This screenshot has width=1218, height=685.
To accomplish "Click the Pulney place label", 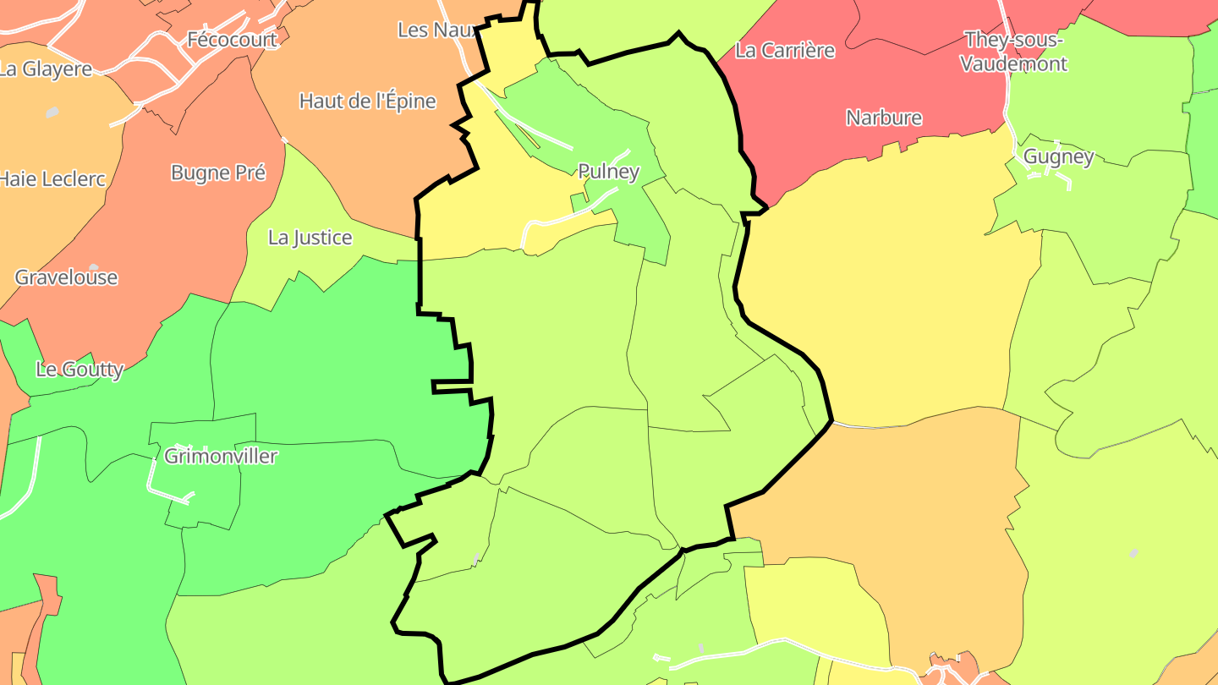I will (608, 171).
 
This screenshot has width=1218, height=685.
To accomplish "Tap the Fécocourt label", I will (232, 40).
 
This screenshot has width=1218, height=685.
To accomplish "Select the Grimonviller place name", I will (221, 456).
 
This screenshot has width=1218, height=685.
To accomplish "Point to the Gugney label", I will (1058, 156).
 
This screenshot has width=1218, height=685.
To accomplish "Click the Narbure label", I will (884, 118).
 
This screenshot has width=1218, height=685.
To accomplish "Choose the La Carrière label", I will (785, 51).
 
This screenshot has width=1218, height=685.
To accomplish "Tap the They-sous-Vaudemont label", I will (1014, 52).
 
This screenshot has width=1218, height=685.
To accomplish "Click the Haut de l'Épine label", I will (368, 101).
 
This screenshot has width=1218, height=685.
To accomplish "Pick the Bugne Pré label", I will (218, 173).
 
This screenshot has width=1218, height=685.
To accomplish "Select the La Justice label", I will (310, 238).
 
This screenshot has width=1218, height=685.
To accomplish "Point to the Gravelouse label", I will (66, 277).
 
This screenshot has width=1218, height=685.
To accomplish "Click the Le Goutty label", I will (80, 370).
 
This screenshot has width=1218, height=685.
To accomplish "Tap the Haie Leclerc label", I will (52, 179).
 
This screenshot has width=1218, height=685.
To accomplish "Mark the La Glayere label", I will (46, 69).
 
